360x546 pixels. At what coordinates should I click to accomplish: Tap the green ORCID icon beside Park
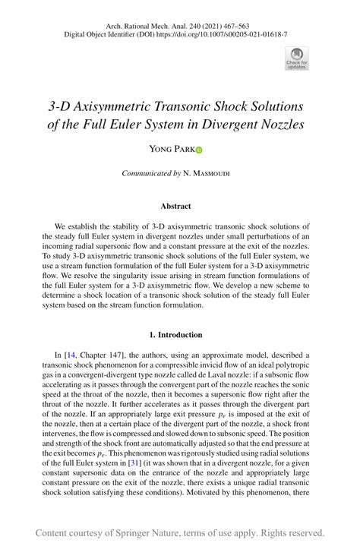coord(199,150)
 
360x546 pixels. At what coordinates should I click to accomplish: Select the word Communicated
coord(147,174)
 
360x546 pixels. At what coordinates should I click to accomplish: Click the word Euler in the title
coord(150,124)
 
